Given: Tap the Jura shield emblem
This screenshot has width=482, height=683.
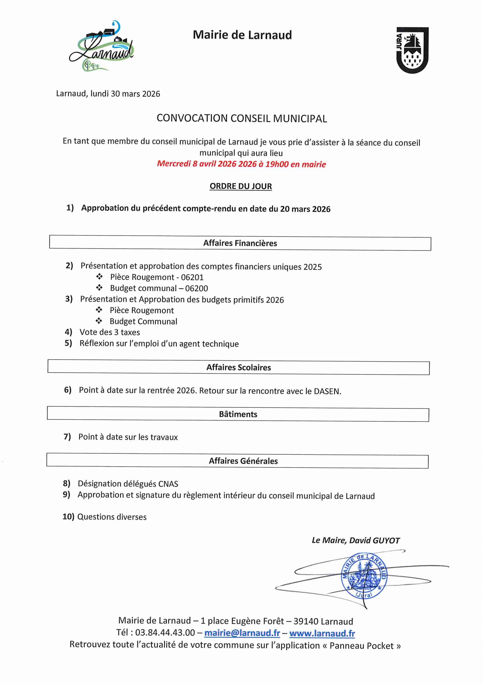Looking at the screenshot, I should click(x=412, y=50).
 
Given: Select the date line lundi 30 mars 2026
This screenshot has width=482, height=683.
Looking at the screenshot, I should click(x=108, y=94).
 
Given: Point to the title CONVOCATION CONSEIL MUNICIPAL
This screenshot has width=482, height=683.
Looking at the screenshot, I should click(x=242, y=119).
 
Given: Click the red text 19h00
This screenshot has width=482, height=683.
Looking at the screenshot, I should click(x=276, y=164).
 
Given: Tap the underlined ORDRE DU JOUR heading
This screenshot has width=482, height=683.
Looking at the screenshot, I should click(x=241, y=186).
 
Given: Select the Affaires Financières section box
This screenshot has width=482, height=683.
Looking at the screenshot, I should click(x=240, y=243).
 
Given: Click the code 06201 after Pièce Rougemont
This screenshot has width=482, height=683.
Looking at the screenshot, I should click(x=192, y=277).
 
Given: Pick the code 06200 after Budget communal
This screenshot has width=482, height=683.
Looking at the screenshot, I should click(x=196, y=288).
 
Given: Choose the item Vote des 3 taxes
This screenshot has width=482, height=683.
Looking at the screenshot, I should click(x=109, y=332).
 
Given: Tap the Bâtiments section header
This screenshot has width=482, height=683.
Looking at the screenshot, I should click(x=238, y=414).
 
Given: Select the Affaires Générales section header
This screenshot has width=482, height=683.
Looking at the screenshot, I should click(x=243, y=461).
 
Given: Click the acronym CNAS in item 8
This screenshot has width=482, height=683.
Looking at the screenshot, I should click(x=168, y=484).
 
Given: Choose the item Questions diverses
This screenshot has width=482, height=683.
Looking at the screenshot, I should click(x=112, y=517).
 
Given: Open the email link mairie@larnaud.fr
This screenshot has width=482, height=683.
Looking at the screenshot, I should click(x=242, y=633).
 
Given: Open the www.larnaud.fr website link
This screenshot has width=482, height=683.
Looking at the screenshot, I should click(x=322, y=633).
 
